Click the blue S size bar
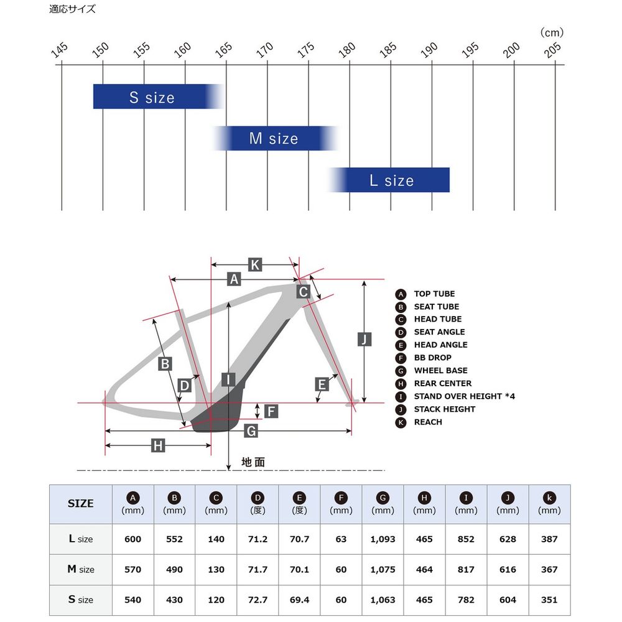tap(159, 96)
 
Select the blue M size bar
tap(274, 138)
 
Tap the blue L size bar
tap(389, 180)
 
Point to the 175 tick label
tap(306, 50)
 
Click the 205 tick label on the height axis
tap(552, 50)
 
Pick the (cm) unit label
tap(552, 32)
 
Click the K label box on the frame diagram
tap(254, 264)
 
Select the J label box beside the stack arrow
tap(364, 339)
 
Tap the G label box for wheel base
tap(251, 431)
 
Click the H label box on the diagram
tap(158, 445)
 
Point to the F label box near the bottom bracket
tap(271, 411)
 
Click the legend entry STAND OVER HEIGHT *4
tap(464, 396)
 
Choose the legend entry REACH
tap(428, 422)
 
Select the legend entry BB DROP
tap(432, 358)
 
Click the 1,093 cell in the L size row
tap(383, 539)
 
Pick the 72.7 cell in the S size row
tap(258, 600)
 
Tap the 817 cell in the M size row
tap(466, 570)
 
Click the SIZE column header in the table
tap(80, 503)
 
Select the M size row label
tap(81, 569)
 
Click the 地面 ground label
tap(253, 462)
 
